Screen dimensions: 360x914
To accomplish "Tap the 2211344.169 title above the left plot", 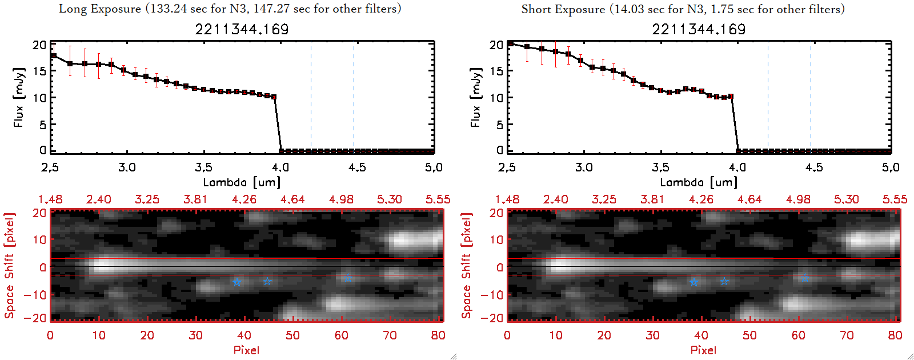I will [242, 29].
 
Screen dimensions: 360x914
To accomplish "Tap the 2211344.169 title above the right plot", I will [699, 29].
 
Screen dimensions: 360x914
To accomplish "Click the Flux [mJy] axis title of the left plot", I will [19, 97].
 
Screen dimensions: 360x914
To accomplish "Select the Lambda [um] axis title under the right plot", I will [699, 182].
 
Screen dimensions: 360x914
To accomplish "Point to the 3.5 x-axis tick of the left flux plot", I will [203, 167].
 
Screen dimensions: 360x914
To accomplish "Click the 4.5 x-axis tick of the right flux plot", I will [814, 167].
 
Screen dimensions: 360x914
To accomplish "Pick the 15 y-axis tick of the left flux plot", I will [39, 71].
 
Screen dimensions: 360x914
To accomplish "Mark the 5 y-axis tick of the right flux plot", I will [500, 124].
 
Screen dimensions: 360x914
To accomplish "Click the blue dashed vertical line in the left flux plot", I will [311, 97].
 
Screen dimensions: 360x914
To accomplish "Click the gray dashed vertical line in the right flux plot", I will [811, 97].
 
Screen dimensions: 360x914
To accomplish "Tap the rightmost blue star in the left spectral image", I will [348, 278].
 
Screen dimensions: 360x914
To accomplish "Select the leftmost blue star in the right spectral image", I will [693, 282].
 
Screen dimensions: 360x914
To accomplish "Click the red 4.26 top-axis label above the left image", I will [244, 199].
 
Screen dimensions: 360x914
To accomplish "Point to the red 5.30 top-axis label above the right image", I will [846, 199].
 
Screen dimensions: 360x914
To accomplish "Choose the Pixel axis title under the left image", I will [246, 350].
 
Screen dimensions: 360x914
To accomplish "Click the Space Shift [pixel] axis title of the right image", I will [467, 266].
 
